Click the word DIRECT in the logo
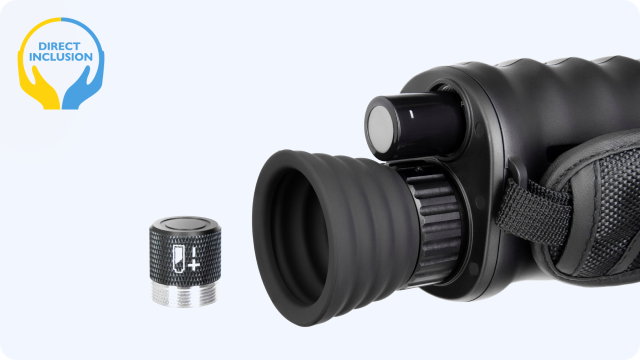(59, 46)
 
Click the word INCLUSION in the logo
(61, 57)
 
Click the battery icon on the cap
(178, 258)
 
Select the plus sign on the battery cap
(193, 265)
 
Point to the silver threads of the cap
(185, 294)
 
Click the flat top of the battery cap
(185, 223)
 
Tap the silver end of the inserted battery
(380, 129)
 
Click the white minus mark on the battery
(411, 114)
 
